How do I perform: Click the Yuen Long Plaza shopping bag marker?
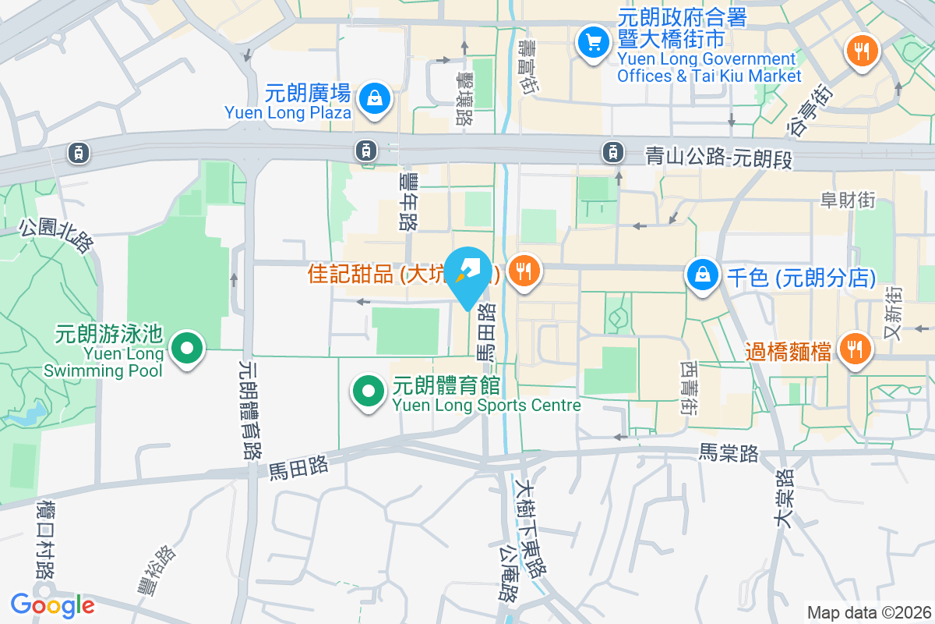click(x=375, y=99)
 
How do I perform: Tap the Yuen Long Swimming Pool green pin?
click(x=187, y=349)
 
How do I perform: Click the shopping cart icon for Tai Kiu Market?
click(x=594, y=42)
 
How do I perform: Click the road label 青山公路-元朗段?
click(x=718, y=158)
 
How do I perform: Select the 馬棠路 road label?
click(x=729, y=452)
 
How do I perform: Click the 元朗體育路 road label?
click(x=249, y=409)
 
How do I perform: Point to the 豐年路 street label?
click(x=408, y=201)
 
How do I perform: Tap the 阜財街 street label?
click(x=848, y=200)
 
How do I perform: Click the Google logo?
click(x=52, y=604)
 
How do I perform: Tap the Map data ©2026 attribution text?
click(x=868, y=612)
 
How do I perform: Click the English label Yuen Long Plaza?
click(x=288, y=112)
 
